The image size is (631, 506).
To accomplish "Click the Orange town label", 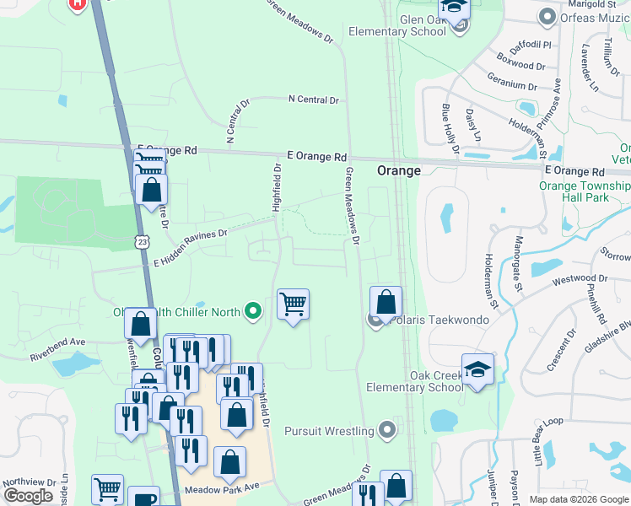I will pyautogui.click(x=398, y=170).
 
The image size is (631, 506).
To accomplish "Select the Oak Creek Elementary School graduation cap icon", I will pyautogui.click(x=477, y=369).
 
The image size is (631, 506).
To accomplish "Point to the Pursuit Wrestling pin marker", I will pyautogui.click(x=387, y=431).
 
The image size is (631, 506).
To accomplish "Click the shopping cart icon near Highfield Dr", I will pyautogui.click(x=293, y=303).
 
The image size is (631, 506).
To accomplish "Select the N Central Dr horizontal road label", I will pyautogui.click(x=313, y=100).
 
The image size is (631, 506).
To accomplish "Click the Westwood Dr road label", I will pyautogui.click(x=580, y=278).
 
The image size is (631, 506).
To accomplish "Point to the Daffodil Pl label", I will pyautogui.click(x=527, y=43).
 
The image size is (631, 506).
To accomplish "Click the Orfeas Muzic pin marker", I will pyautogui.click(x=547, y=16).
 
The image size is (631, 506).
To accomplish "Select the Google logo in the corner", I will pyautogui.click(x=29, y=496).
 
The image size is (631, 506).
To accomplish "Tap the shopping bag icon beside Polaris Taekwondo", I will pyautogui.click(x=386, y=302).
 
